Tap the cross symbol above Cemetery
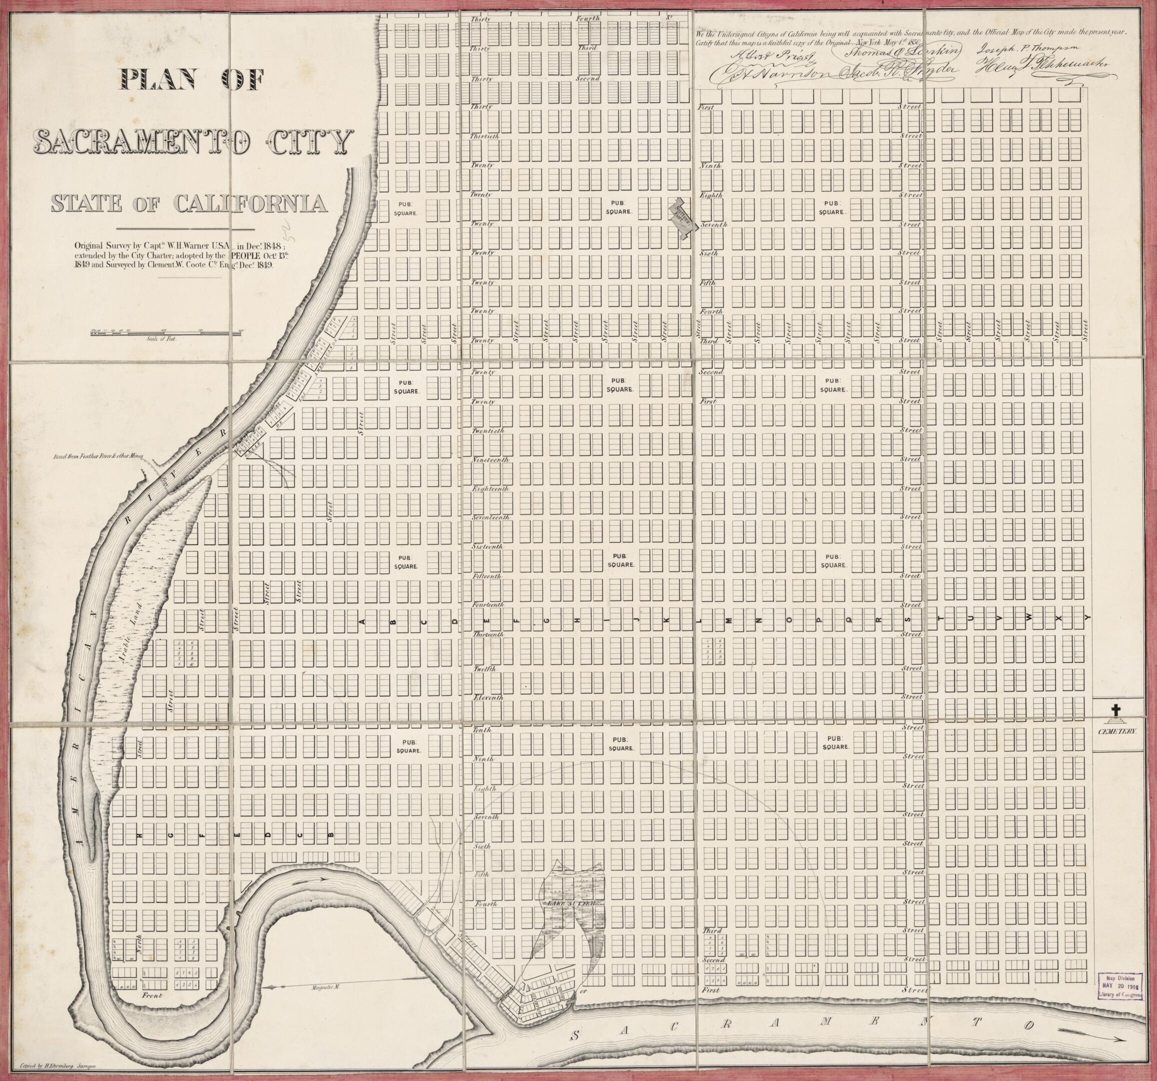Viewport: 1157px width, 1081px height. (x=1115, y=710)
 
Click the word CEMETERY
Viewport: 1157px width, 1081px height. (x=1117, y=731)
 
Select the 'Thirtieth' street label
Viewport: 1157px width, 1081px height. (x=485, y=136)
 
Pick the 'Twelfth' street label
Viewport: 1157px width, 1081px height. (x=484, y=668)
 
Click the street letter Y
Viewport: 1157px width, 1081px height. (x=1086, y=618)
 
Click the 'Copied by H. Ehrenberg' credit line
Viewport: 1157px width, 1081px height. (x=58, y=1063)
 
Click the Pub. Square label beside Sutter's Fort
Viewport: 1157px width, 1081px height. (x=618, y=207)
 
